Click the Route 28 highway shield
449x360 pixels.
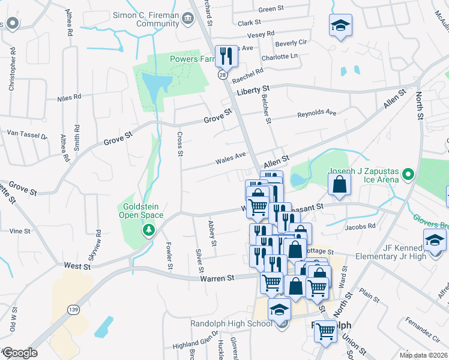[222, 74]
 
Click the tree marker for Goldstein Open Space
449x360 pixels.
[148, 229]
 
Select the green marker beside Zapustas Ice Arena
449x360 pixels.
[408, 175]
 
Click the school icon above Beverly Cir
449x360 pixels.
[340, 26]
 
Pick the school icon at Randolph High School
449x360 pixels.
[279, 310]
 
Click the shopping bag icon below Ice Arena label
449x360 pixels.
[339, 185]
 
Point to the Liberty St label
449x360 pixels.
[253, 89]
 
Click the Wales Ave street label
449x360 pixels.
[231, 158]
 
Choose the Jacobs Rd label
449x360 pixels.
[360, 226]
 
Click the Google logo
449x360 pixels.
[19, 353]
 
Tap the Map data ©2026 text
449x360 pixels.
[423, 355]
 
